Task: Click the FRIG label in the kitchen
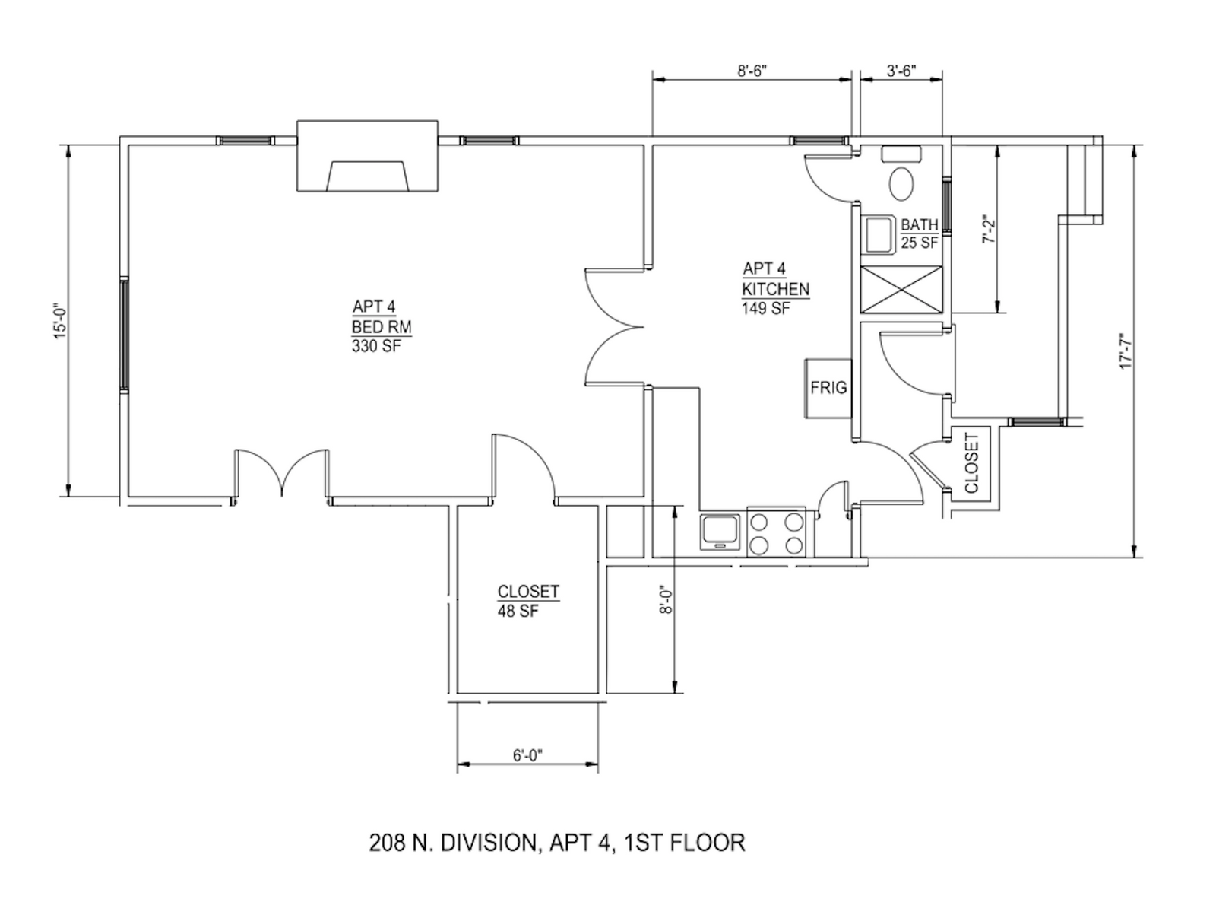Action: point(828,388)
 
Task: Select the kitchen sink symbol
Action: point(719,532)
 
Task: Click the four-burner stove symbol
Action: point(776,532)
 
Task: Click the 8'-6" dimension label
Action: point(751,71)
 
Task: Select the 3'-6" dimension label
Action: point(901,71)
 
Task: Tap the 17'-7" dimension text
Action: point(1126,351)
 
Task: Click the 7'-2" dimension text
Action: point(989,229)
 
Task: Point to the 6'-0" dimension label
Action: point(527,756)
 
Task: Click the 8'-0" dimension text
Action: point(666,599)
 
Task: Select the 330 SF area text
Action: point(376,346)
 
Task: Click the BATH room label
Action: point(920,224)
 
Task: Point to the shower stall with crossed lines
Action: point(901,289)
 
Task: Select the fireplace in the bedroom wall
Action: point(367,156)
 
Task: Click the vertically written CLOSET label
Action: point(971,463)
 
